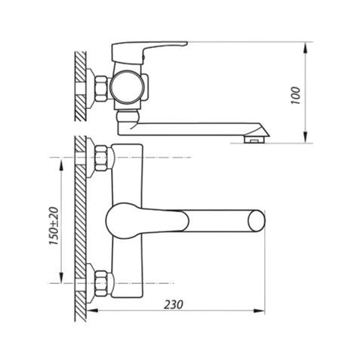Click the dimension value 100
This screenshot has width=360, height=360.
point(296,95)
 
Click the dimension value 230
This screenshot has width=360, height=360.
point(173,305)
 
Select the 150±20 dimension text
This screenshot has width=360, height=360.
point(54,226)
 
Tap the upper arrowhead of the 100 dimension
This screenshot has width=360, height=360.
point(305,48)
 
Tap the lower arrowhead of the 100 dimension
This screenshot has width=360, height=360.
point(305,137)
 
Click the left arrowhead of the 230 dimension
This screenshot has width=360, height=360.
point(92,311)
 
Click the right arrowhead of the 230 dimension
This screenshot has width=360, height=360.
point(259,311)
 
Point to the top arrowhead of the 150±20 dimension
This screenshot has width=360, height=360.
point(61,164)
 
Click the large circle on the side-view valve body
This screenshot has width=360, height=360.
point(127,87)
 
